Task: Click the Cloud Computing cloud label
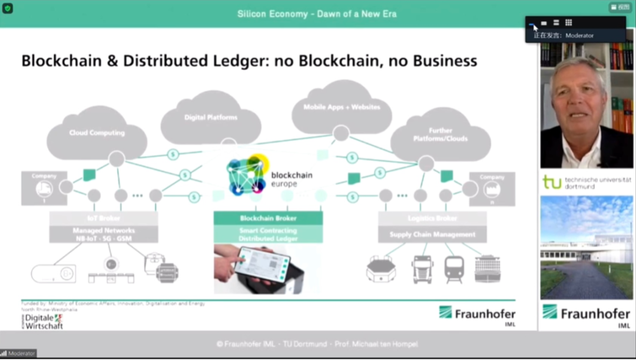pos(97,133)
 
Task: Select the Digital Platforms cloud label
pos(211,117)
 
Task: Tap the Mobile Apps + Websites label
pos(342,107)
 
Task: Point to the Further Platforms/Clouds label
pos(440,134)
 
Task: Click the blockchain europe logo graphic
pos(247,174)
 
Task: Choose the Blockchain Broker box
pos(268,218)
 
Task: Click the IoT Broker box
pos(104,218)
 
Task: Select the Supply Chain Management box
pos(432,235)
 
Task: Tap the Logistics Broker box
pos(432,218)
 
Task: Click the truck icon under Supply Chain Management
pos(423,269)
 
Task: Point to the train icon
pos(454,269)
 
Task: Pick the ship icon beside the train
pos(487,269)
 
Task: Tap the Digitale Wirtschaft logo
pos(42,321)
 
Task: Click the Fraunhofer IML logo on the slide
pos(477,314)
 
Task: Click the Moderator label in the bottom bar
pos(22,354)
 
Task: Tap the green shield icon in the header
pos(8,8)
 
